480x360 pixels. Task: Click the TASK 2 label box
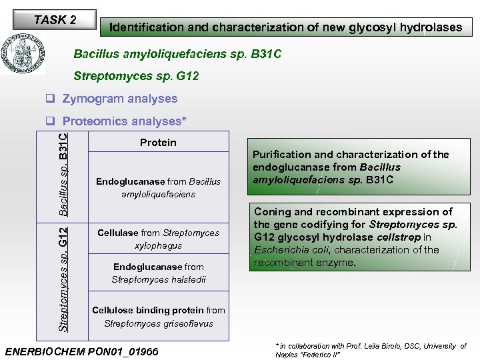click(55, 20)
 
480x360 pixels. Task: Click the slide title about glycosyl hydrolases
click(285, 27)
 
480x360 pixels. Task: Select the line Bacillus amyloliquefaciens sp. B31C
click(177, 53)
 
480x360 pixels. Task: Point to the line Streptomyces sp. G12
click(136, 76)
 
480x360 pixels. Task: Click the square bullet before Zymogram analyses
click(50, 99)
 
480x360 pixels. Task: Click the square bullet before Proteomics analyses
click(50, 121)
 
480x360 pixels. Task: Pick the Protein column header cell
click(158, 142)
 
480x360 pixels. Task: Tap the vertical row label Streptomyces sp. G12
click(63, 279)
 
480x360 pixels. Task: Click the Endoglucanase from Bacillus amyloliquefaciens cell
click(158, 187)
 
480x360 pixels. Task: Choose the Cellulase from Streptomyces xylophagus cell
click(158, 239)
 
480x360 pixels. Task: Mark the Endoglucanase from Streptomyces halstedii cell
click(158, 273)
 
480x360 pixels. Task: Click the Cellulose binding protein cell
click(158, 317)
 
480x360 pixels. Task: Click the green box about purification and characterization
click(351, 167)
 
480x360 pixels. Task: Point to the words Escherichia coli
click(285, 250)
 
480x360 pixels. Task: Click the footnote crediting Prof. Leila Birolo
click(371, 350)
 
